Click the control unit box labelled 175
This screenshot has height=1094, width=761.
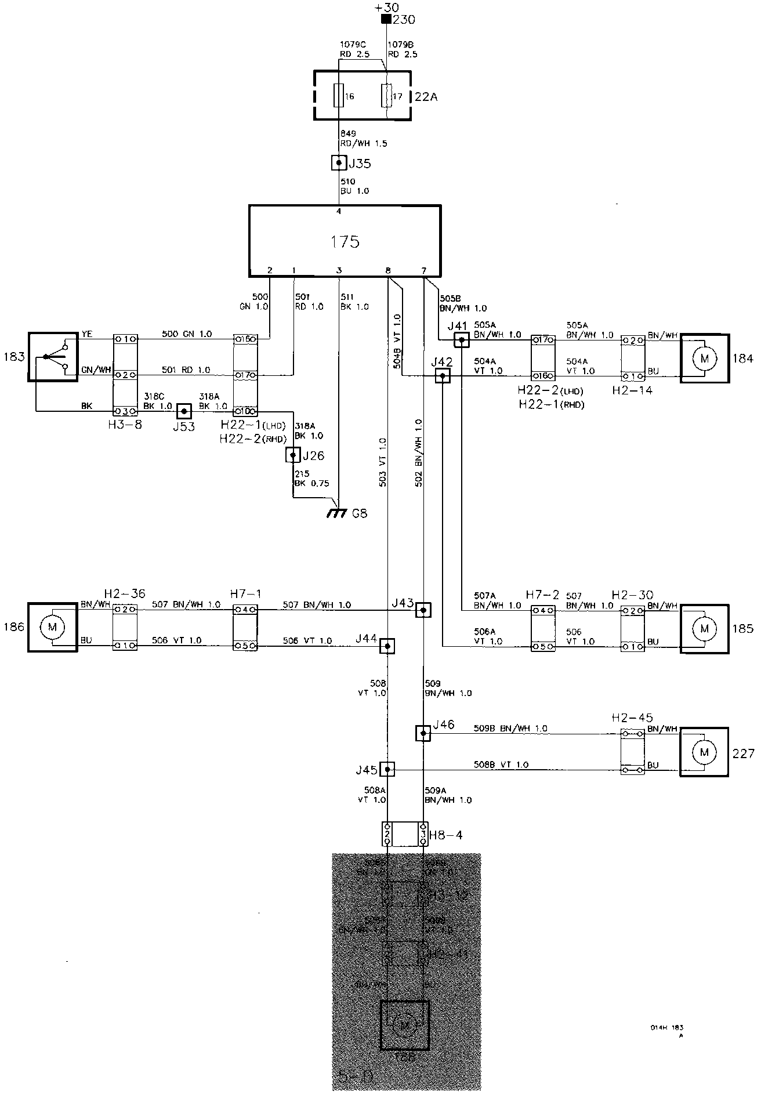[345, 240]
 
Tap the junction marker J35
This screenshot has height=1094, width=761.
[338, 163]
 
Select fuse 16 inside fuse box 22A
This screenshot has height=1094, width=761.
[338, 96]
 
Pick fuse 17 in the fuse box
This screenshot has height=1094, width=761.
[386, 96]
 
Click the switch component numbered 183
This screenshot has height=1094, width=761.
[52, 357]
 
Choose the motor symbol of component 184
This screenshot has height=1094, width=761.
[705, 358]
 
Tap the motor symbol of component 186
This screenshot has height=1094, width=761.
[52, 627]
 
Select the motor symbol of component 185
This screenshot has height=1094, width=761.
[705, 628]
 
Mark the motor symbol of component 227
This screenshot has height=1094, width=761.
[705, 752]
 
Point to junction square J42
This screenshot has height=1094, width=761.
[443, 376]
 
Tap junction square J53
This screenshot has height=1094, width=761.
[184, 411]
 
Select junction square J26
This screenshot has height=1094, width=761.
[293, 455]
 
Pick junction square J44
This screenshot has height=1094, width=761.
[387, 646]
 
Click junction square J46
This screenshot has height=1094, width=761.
[423, 734]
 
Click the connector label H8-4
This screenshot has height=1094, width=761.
[446, 835]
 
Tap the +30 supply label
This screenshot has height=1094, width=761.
[386, 8]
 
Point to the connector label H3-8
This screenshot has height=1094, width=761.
[124, 425]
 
